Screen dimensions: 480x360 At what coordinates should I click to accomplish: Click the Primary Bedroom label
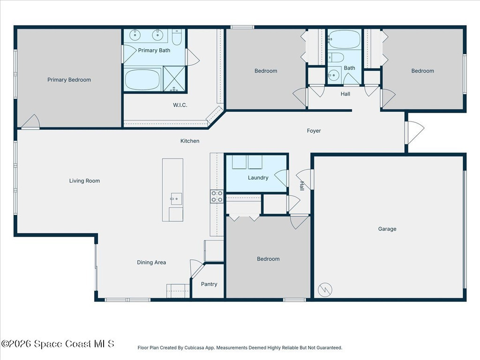pos(69,80)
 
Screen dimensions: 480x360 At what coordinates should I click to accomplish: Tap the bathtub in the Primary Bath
pos(142,80)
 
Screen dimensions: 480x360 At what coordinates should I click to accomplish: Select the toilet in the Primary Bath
pos(177,37)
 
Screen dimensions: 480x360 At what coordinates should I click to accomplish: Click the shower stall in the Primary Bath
pos(174,79)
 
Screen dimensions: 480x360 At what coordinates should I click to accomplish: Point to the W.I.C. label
pos(180,105)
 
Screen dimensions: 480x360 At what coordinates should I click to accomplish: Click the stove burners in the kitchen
pos(217,196)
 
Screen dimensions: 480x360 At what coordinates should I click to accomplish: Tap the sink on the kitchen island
pos(176,199)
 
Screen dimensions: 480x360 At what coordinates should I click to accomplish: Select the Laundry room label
pos(258,178)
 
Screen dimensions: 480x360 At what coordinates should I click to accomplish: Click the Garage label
pos(387,229)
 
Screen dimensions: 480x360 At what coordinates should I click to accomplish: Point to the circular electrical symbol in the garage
pos(325,289)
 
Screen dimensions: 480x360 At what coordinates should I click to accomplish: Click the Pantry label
pos(209,284)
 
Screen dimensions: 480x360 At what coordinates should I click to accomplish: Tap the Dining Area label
pos(151,262)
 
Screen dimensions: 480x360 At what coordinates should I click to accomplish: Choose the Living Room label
pos(84,180)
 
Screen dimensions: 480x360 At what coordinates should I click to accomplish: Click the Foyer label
pos(314,131)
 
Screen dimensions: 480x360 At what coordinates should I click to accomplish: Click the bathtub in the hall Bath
pos(345,39)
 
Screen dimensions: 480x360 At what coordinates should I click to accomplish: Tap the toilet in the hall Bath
pos(336,57)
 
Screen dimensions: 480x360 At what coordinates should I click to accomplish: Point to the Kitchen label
pos(190,141)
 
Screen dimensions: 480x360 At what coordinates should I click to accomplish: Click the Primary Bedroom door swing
pos(31,122)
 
